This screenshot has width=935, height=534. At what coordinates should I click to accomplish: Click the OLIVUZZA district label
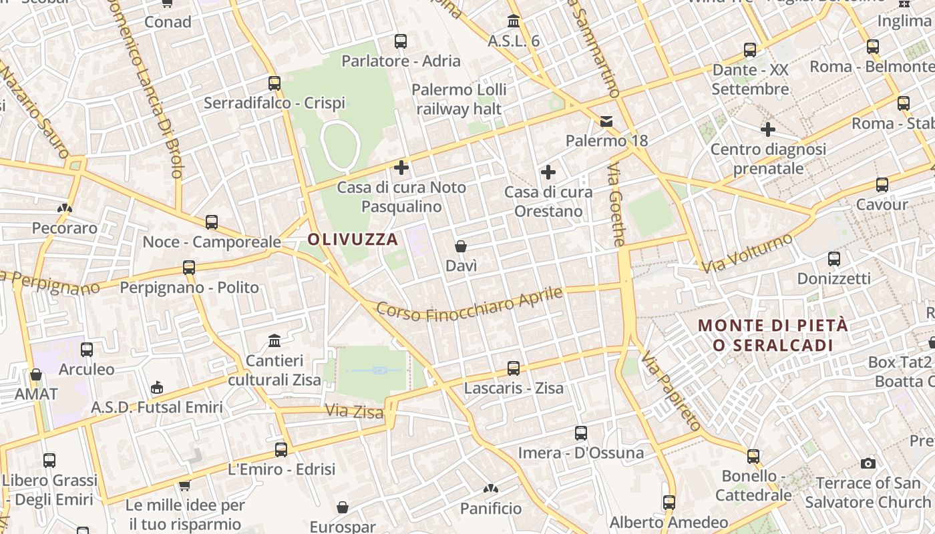(x=353, y=239)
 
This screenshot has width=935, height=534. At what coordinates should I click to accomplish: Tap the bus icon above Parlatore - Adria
(x=401, y=41)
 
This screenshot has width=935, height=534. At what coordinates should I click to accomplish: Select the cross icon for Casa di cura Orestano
(x=548, y=173)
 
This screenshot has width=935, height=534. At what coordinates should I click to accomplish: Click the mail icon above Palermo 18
(x=606, y=121)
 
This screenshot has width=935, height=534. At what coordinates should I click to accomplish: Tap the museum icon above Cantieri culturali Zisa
(x=274, y=342)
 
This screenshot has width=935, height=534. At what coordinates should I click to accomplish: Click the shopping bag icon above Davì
(x=461, y=246)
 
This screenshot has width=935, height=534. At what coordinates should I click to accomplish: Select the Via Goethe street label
(x=616, y=208)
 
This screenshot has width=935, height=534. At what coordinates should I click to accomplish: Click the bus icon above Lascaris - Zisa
(x=514, y=368)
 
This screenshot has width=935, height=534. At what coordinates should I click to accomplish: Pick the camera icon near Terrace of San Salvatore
(x=868, y=463)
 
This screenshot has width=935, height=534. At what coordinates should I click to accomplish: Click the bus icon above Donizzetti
(x=834, y=259)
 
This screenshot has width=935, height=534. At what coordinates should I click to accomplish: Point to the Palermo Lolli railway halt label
(x=459, y=99)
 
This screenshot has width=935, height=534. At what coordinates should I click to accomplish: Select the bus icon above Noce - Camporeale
(x=212, y=222)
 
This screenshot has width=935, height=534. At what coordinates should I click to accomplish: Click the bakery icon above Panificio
(x=491, y=489)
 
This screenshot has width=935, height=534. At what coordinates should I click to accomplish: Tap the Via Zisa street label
(x=354, y=411)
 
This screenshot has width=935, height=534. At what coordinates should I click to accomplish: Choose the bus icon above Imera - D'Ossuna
(x=581, y=433)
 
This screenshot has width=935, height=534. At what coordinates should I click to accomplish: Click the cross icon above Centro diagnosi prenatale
(x=768, y=129)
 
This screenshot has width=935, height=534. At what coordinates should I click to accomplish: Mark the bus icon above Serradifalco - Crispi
(x=274, y=83)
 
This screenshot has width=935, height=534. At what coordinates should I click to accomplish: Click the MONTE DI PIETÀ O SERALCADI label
(x=773, y=335)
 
